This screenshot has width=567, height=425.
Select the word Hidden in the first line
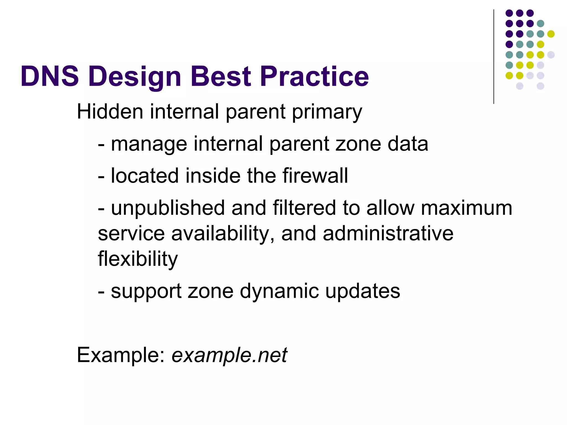(110, 112)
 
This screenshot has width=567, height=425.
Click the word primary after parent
(327, 112)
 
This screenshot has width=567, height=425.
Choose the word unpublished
(168, 208)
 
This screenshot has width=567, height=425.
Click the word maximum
(467, 208)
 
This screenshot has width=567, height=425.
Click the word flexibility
(138, 259)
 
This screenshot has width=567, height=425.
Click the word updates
(362, 291)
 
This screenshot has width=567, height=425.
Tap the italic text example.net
(229, 355)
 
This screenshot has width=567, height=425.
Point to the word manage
(149, 144)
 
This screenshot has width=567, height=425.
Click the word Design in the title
(135, 77)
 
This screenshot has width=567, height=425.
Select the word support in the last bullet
(146, 291)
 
